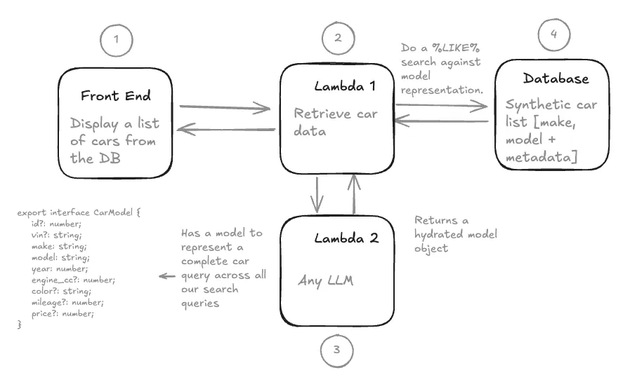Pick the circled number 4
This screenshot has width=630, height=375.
coord(554,36)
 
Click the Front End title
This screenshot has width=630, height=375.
coord(115,95)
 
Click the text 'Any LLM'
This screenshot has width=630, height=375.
coord(325,281)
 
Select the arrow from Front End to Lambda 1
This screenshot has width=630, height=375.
coord(225,109)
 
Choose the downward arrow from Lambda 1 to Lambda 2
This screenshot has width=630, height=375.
coord(318,193)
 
